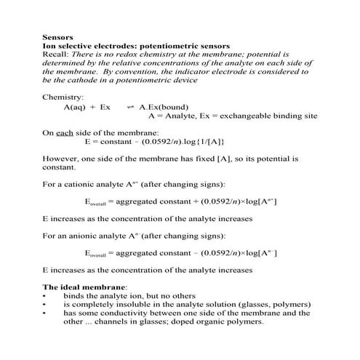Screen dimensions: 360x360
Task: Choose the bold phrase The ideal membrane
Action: pos(84,289)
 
